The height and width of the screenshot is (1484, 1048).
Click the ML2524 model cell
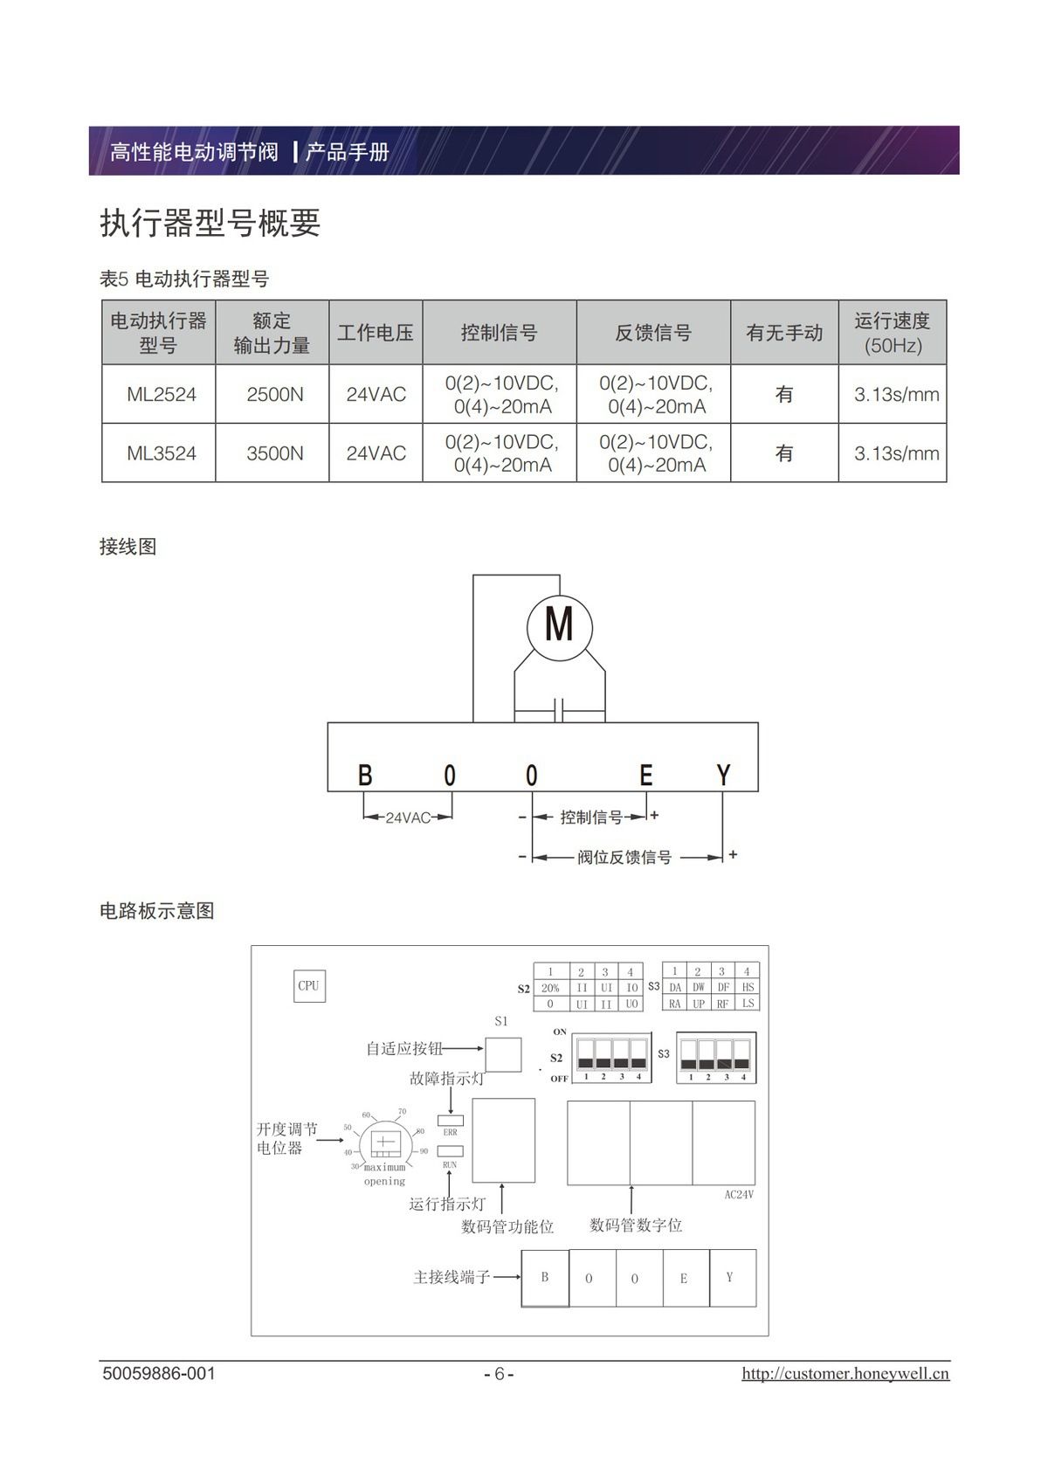tap(162, 395)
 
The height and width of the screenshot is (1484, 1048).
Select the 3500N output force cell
tap(275, 453)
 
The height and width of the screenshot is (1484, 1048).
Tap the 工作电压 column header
tap(376, 333)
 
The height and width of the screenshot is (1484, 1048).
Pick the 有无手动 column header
tap(784, 333)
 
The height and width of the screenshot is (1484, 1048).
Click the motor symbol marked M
tap(559, 625)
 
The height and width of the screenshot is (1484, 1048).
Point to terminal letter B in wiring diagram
tap(365, 775)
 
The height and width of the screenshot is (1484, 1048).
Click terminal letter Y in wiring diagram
tap(723, 775)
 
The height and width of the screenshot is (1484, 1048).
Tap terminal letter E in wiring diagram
tap(645, 775)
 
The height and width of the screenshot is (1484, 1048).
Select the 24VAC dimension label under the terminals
tap(408, 818)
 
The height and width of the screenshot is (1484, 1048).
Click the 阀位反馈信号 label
tap(624, 858)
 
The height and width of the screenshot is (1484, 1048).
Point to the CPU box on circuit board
tap(309, 986)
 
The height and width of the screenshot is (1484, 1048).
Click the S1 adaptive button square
tap(503, 1054)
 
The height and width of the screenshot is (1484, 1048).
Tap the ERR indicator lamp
tap(450, 1120)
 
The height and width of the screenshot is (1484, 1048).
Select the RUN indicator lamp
tap(450, 1151)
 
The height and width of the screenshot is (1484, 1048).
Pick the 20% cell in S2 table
tap(550, 988)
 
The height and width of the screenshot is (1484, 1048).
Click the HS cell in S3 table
tap(748, 987)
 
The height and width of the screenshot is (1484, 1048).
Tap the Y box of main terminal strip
tap(732, 1278)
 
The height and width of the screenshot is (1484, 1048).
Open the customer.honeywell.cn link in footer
tap(845, 1374)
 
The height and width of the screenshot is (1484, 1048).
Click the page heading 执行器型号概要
tap(210, 224)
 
